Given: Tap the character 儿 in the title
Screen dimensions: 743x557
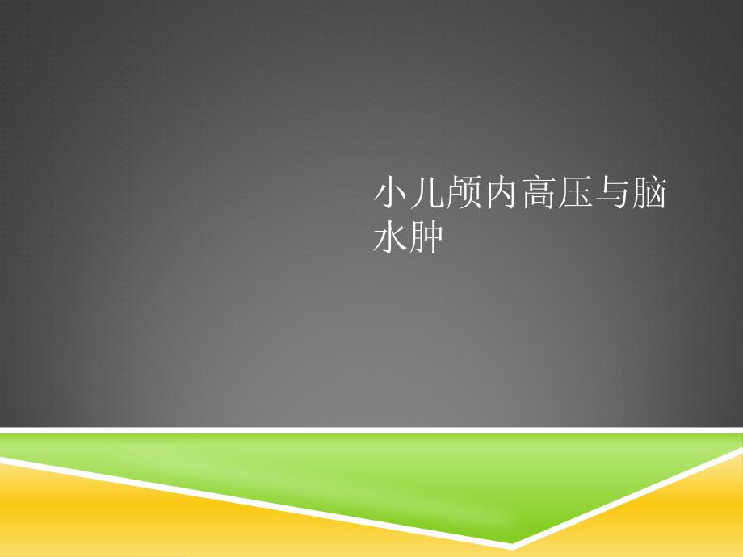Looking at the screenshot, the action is (428, 192).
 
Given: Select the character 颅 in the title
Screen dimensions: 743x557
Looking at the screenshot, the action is (464, 192).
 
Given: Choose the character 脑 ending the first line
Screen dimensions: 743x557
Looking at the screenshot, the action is (649, 192).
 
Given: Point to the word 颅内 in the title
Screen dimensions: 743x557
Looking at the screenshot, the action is (483, 192).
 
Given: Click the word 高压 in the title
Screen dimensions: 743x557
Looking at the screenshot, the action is (556, 192).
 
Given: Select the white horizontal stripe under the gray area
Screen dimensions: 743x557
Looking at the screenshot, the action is (371, 430).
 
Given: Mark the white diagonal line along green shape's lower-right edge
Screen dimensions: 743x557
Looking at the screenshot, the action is (628, 498).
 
